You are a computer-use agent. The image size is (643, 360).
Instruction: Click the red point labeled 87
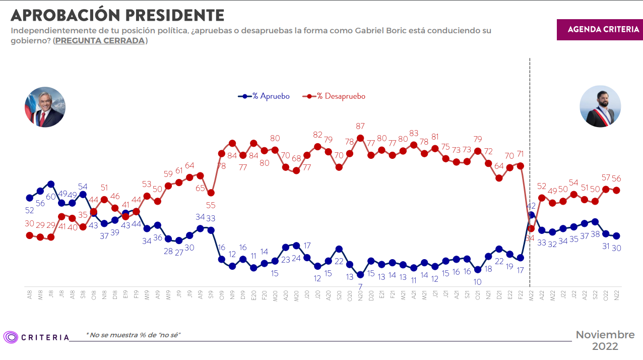(x=360, y=138)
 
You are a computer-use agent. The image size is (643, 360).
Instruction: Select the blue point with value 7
(x=360, y=275)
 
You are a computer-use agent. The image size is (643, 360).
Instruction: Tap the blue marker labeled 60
(x=51, y=184)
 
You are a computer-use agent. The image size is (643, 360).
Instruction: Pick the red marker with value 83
(x=414, y=145)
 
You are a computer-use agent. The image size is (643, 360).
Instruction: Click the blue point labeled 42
(x=531, y=215)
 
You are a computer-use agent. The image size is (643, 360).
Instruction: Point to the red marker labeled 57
(x=606, y=189)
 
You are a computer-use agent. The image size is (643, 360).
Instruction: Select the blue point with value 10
(x=477, y=270)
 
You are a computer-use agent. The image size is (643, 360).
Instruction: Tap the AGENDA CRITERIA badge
(x=600, y=29)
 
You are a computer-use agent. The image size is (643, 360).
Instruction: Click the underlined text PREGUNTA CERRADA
(x=100, y=40)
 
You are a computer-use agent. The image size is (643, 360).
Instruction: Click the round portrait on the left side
(x=45, y=107)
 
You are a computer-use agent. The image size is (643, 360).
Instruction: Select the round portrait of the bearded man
(x=600, y=106)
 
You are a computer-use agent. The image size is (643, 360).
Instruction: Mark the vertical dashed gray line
(x=530, y=126)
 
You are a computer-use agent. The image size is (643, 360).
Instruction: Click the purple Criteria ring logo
(x=11, y=337)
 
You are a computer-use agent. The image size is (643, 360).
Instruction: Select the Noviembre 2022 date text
(x=605, y=340)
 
